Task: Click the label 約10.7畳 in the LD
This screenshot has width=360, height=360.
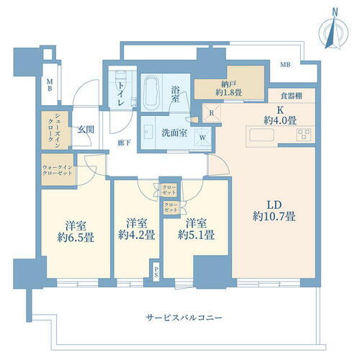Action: click(273, 215)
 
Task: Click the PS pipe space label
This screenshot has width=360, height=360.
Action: click(156, 273)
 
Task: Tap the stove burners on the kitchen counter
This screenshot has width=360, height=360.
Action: click(303, 134)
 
